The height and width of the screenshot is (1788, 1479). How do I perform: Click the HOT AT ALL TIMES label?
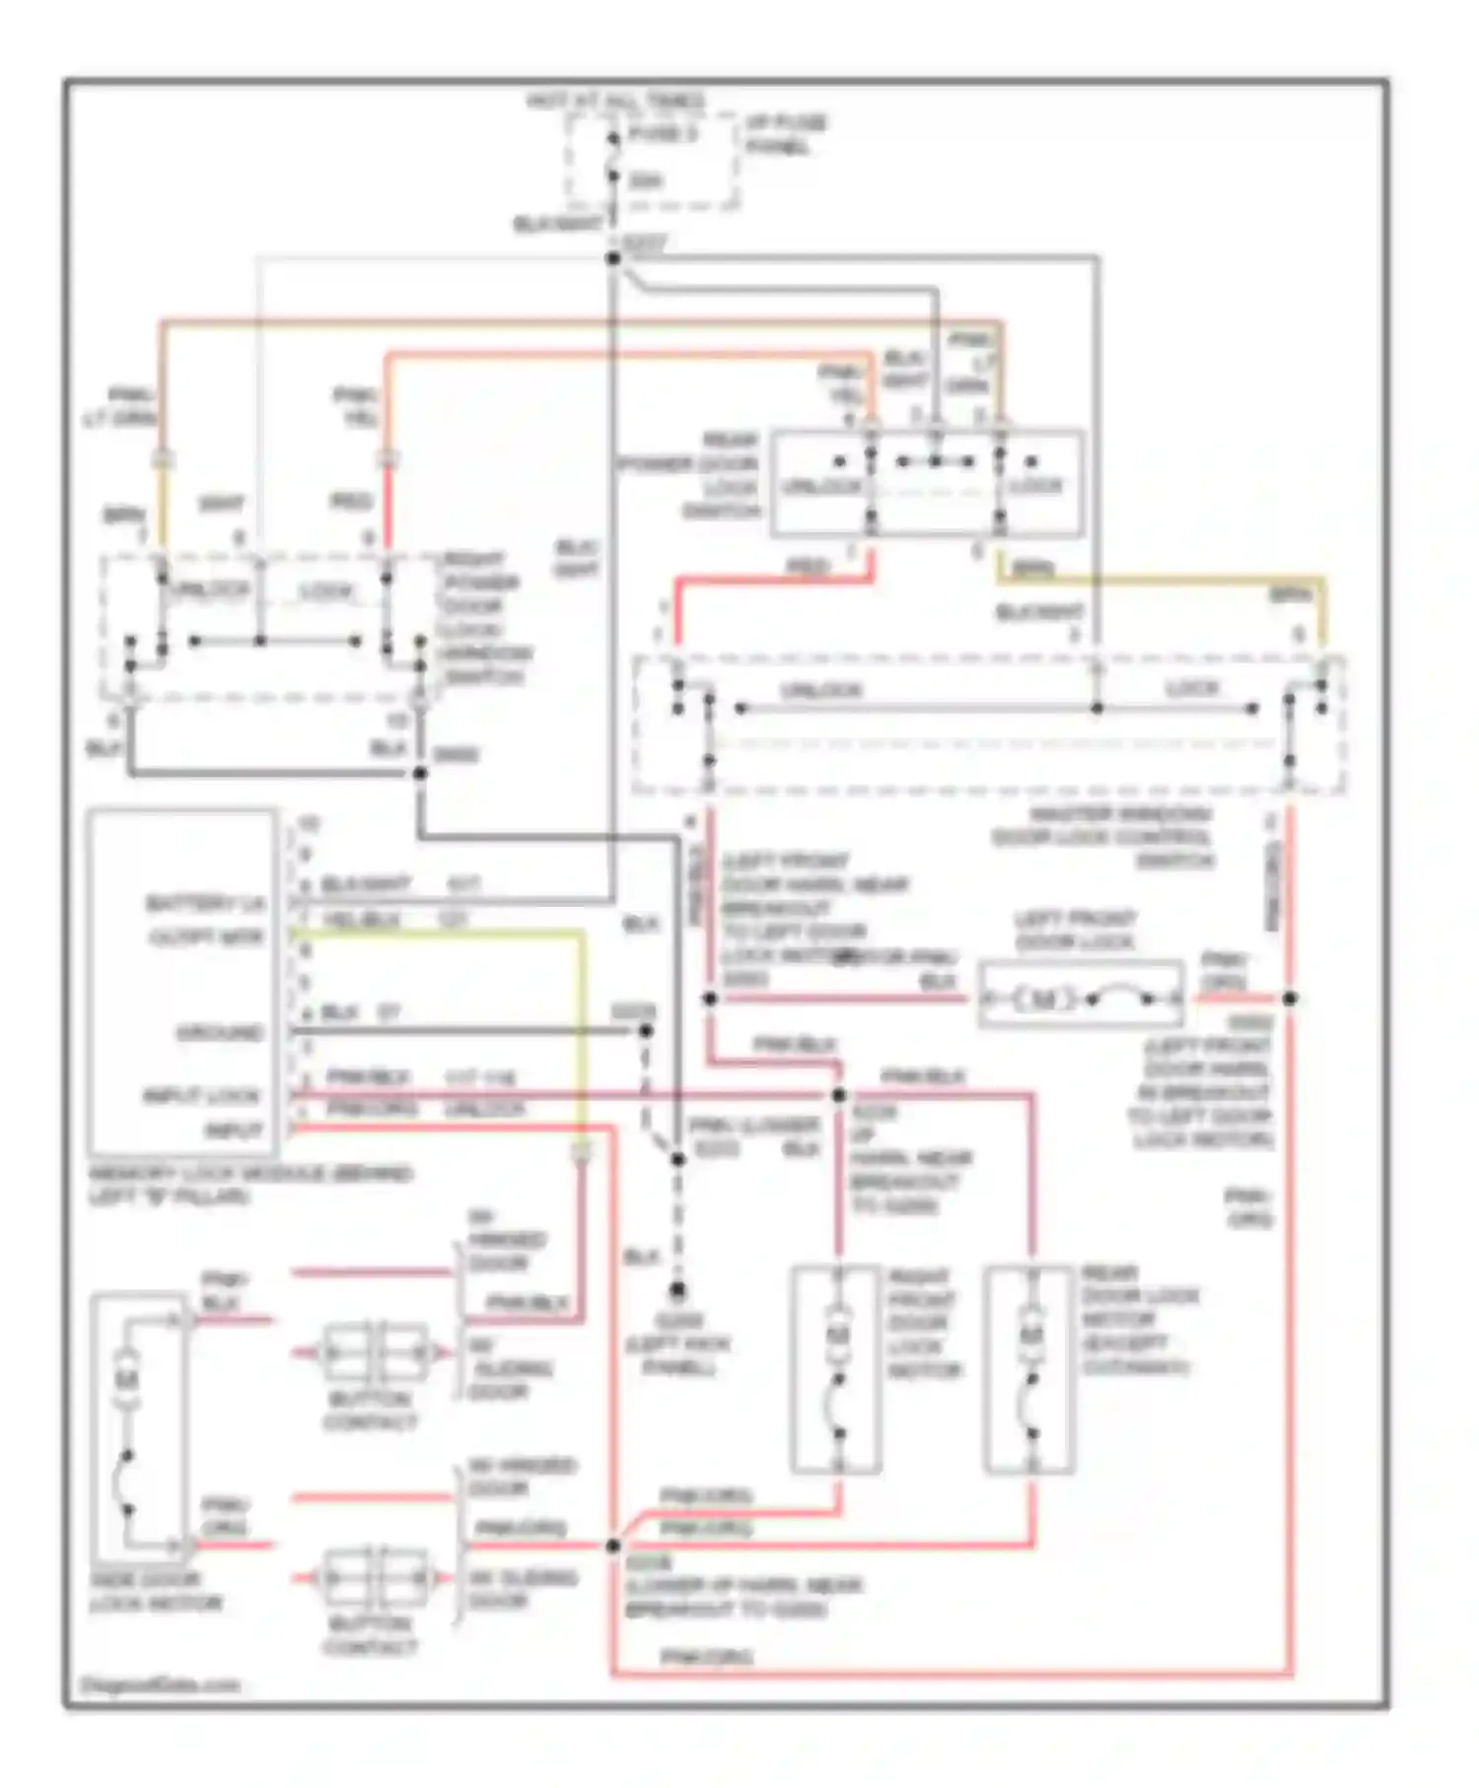(616, 101)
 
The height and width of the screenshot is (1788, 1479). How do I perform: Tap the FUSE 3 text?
(662, 134)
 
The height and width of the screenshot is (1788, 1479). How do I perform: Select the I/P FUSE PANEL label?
(785, 135)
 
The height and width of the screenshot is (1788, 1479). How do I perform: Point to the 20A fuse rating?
(646, 180)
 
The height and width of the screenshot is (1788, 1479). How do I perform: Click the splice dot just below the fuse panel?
(613, 258)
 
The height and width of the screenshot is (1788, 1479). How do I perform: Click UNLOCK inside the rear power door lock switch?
(822, 486)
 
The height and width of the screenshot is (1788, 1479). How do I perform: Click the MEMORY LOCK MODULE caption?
(250, 1185)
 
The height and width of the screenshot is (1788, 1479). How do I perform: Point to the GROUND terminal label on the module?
(220, 1033)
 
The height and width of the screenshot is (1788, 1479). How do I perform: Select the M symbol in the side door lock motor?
(126, 1380)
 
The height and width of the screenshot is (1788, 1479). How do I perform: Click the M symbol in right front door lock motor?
(838, 1335)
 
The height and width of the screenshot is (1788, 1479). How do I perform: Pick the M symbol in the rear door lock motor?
(1030, 1335)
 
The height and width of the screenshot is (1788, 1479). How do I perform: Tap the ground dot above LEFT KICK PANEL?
(678, 1289)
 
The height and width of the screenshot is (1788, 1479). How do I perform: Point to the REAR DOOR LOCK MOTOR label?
(1136, 1320)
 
